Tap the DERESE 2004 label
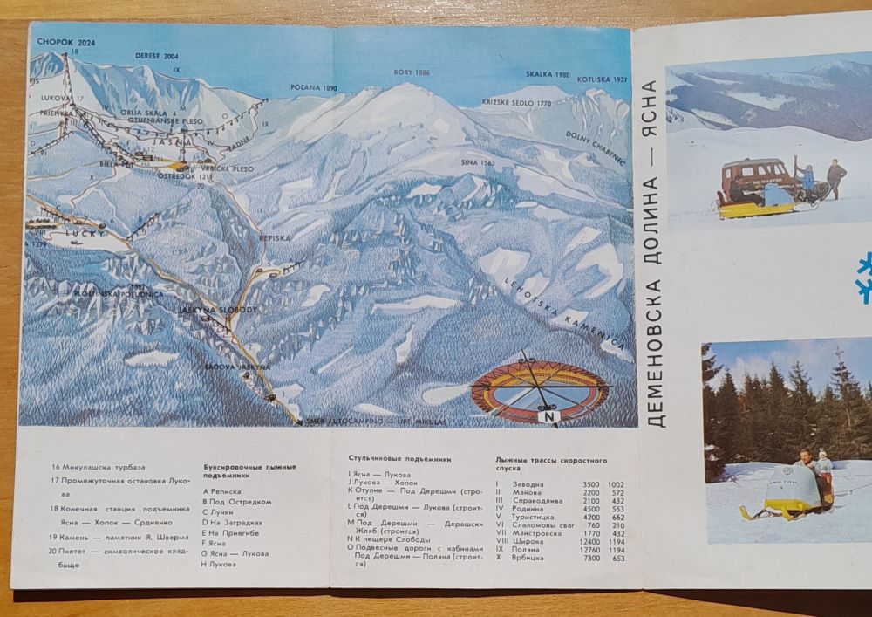[x=157, y=55]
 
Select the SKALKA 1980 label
[x=548, y=75]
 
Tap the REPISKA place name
[x=275, y=237]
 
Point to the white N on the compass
[x=549, y=417]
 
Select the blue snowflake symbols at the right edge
[x=864, y=278]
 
